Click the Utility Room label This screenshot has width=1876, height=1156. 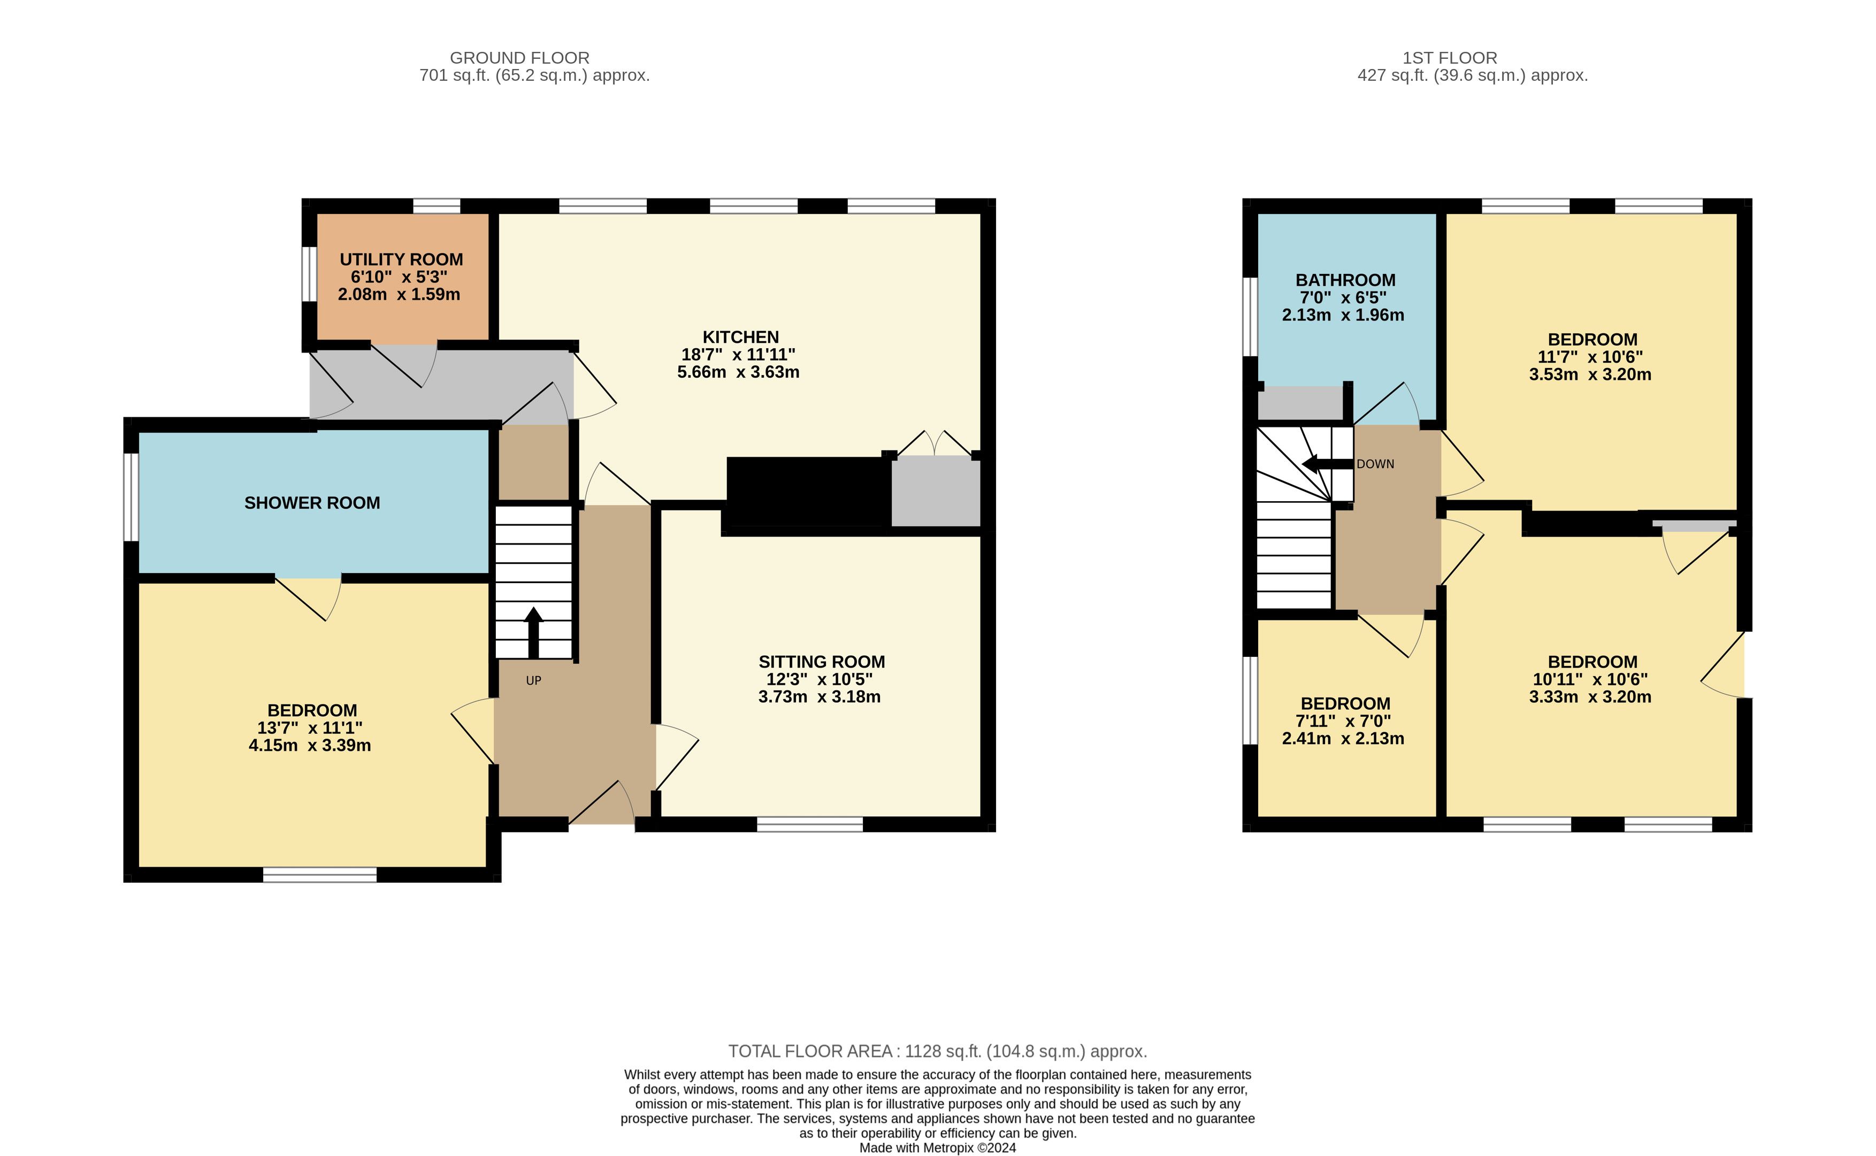[x=401, y=259]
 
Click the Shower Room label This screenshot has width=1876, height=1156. [x=312, y=503]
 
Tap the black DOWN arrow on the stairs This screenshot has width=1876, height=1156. [x=1327, y=464]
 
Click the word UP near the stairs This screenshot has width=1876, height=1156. [x=534, y=680]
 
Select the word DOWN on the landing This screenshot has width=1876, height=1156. [x=1375, y=464]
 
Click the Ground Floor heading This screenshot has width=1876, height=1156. [x=520, y=58]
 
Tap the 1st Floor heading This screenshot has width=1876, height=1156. [x=1450, y=58]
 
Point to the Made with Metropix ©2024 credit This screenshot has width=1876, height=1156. [x=938, y=1147]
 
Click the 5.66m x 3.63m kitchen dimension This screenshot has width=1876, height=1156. [x=739, y=372]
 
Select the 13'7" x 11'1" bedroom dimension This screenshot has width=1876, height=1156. [x=310, y=728]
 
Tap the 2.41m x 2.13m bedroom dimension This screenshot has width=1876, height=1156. [x=1343, y=739]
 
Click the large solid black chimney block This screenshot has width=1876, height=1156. [x=809, y=492]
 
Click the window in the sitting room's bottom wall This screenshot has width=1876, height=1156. [x=809, y=824]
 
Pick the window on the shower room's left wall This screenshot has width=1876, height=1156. [x=132, y=497]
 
